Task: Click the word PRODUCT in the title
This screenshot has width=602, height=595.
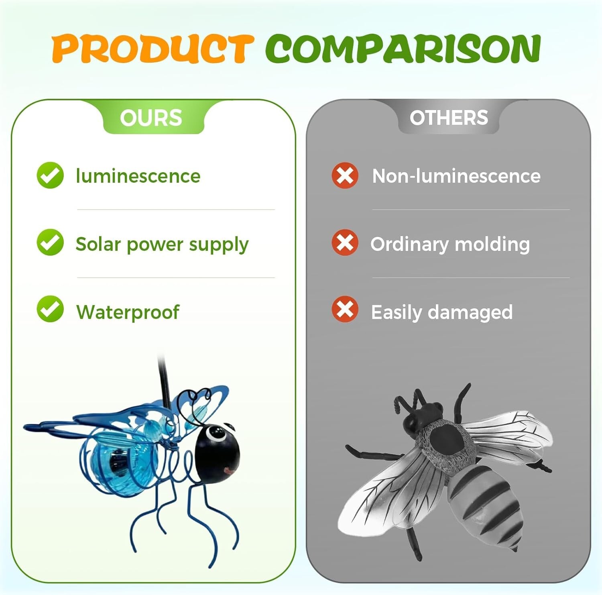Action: tap(153, 48)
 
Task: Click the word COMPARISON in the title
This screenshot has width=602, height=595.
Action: tap(403, 48)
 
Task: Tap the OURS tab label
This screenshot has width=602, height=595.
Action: tap(151, 118)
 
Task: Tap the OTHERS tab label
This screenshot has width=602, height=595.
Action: tap(449, 118)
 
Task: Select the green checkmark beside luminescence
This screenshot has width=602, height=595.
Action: tap(50, 175)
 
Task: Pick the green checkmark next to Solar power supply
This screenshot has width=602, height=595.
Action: tap(50, 242)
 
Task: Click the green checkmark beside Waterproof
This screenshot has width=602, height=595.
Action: tap(50, 309)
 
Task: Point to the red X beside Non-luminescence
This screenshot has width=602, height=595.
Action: tap(345, 175)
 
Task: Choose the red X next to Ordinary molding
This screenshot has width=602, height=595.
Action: tap(345, 242)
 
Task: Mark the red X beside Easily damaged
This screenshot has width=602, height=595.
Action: tap(345, 309)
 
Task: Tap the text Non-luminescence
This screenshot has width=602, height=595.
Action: tap(456, 176)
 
